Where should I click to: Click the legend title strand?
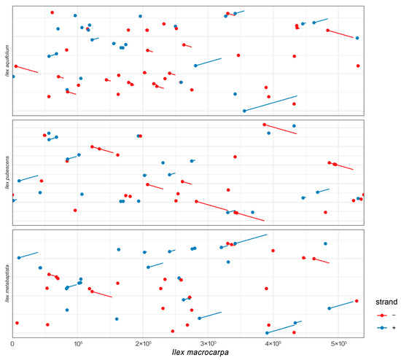384,301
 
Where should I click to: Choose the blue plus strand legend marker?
381,328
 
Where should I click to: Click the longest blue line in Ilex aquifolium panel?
270,103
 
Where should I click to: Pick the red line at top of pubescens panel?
281,129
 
